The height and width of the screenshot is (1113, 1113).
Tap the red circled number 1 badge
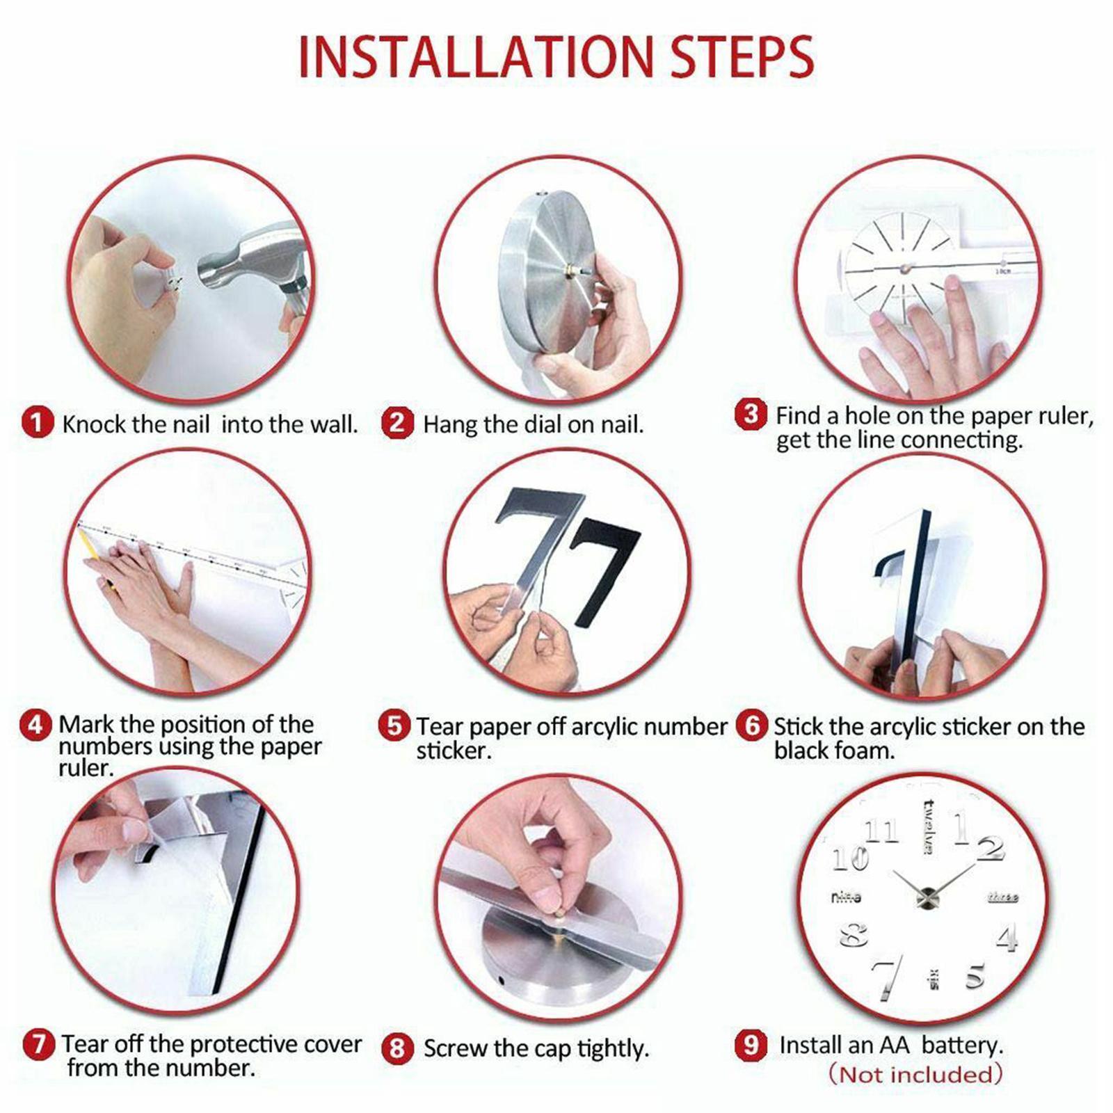37,422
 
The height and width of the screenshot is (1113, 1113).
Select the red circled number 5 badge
394,726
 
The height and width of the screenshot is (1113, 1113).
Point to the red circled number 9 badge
751,1045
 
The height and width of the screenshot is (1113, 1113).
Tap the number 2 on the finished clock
990,848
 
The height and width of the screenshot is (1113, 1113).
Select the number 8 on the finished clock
854,935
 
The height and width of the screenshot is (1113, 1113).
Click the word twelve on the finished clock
928,827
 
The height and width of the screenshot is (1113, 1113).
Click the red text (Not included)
915,1074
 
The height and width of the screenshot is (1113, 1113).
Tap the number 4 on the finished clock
1007,938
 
